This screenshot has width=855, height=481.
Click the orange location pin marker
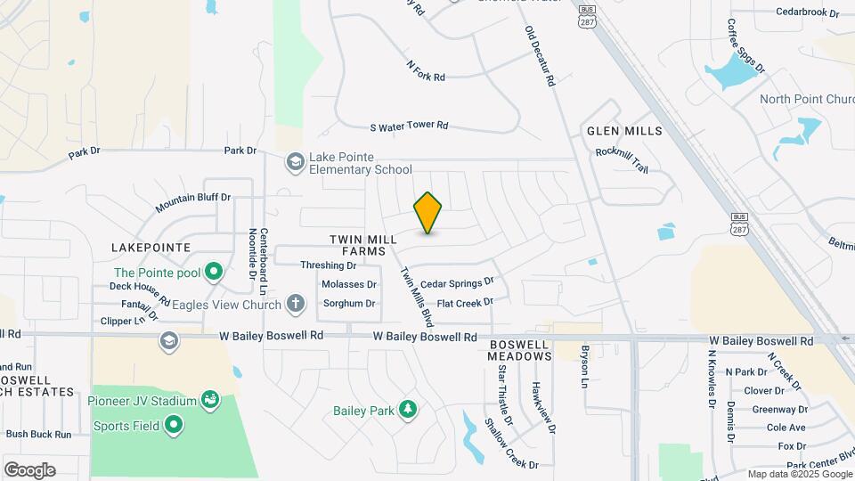[x=428, y=212]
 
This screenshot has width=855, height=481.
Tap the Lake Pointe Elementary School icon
[x=294, y=161]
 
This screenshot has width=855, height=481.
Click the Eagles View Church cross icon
[x=296, y=305]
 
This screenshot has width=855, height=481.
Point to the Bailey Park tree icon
[x=408, y=410]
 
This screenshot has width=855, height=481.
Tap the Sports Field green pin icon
[x=174, y=426]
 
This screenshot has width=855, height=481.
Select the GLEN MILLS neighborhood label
[x=624, y=131]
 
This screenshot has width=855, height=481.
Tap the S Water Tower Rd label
[x=409, y=126]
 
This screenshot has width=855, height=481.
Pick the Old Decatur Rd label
[x=540, y=56]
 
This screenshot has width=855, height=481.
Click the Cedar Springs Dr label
[x=457, y=283]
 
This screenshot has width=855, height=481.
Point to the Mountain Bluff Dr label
[x=192, y=203]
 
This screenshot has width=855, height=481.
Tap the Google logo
[x=29, y=469]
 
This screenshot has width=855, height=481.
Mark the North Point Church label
[x=806, y=99]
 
